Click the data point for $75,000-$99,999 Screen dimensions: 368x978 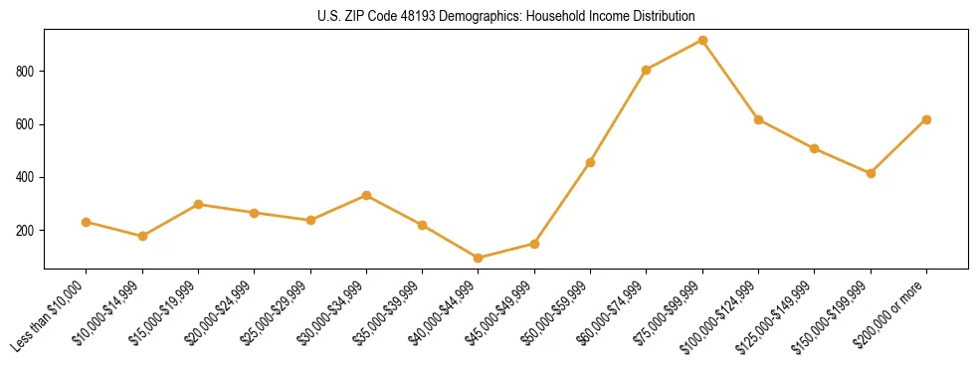(x=702, y=41)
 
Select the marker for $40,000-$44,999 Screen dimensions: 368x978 (x=479, y=258)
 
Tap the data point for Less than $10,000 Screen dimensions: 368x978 (x=87, y=222)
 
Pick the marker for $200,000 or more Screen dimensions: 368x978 (x=926, y=119)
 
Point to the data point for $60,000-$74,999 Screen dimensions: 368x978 (x=647, y=70)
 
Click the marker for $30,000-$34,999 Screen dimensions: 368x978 (x=366, y=195)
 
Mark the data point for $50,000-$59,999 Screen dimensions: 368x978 (x=591, y=162)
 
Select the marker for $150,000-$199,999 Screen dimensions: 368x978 (x=871, y=173)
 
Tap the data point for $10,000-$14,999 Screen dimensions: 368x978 (x=142, y=236)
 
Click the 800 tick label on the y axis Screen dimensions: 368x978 (x=28, y=72)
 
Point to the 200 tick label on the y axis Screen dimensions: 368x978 (x=28, y=231)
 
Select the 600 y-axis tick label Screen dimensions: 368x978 (x=28, y=124)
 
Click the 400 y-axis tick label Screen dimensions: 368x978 (x=28, y=177)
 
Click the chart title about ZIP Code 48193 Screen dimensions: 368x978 (x=506, y=16)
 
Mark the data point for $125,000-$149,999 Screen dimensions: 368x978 (x=815, y=149)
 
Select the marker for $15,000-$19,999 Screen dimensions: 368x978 (x=199, y=204)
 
